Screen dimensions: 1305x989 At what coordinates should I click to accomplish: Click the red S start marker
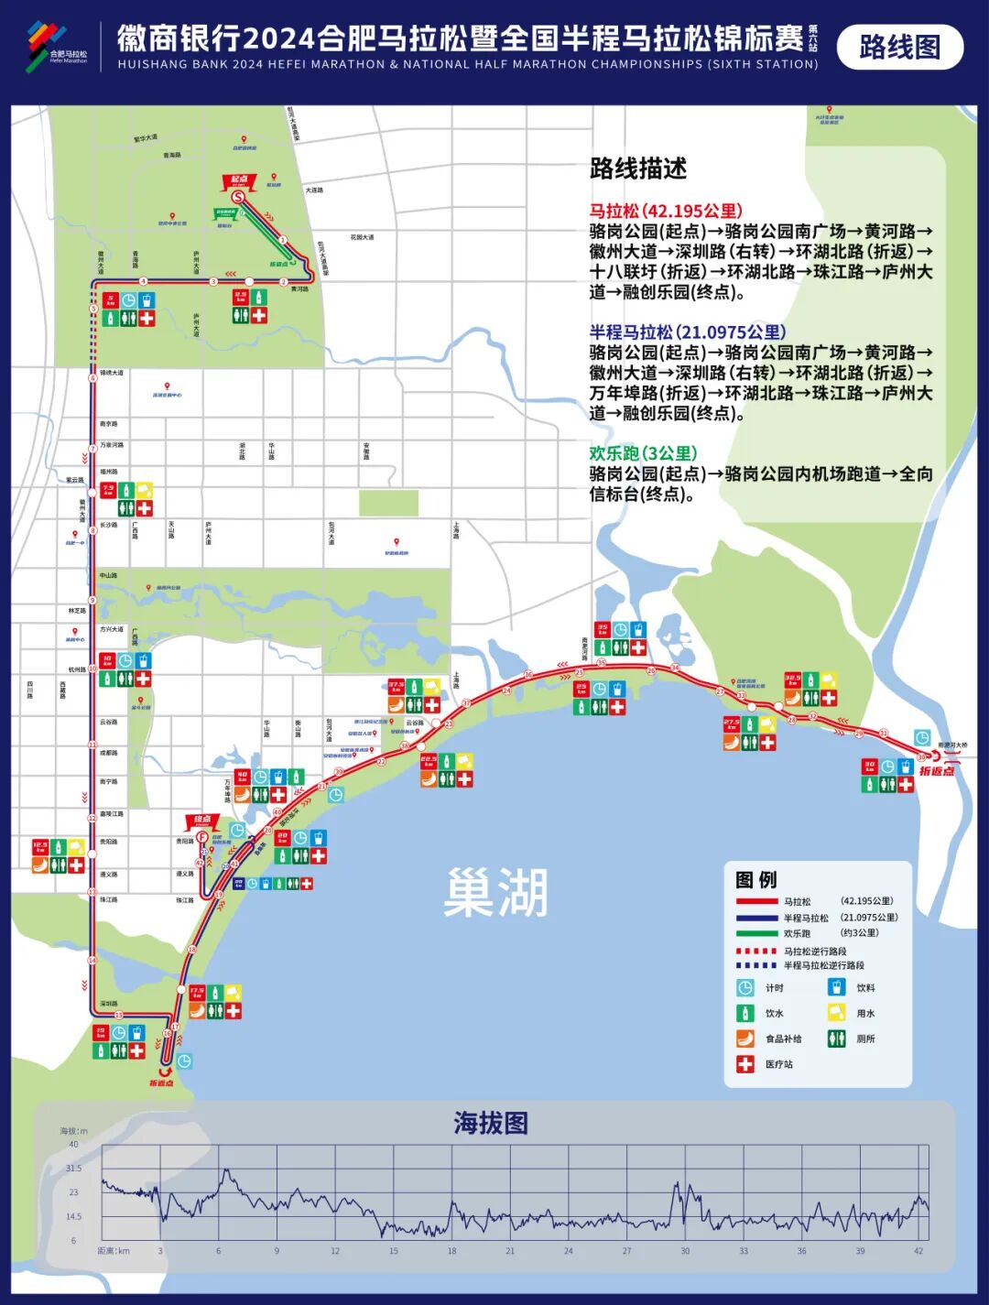click(x=238, y=197)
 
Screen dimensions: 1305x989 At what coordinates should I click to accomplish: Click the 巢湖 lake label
click(x=495, y=892)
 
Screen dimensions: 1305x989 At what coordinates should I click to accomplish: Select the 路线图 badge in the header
click(x=899, y=47)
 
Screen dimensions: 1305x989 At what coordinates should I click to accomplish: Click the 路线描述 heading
click(x=638, y=169)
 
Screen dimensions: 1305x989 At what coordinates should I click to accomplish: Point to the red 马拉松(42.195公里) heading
click(x=666, y=211)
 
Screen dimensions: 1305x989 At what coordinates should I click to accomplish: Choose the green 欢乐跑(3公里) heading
click(x=643, y=453)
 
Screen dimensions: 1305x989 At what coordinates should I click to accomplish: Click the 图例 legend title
click(x=755, y=879)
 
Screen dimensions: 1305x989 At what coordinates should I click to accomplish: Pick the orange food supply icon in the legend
click(x=745, y=1039)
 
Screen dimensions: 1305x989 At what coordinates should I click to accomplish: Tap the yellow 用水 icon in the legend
click(x=836, y=1013)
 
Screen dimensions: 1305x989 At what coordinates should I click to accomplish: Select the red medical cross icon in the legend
click(x=745, y=1063)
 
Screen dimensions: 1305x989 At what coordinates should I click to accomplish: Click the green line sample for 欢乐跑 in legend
click(x=756, y=933)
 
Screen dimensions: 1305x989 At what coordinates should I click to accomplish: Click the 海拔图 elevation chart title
click(x=491, y=1124)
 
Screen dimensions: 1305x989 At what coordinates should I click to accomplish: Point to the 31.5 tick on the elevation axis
click(x=74, y=1169)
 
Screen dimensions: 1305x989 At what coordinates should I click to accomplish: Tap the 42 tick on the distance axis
click(x=918, y=1251)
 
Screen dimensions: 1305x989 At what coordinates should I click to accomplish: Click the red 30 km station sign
click(x=870, y=767)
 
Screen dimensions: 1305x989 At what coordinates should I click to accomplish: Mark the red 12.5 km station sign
click(x=40, y=847)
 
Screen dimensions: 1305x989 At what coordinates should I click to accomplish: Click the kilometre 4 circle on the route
click(x=143, y=281)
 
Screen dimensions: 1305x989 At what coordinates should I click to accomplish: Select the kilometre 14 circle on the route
click(x=92, y=960)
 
